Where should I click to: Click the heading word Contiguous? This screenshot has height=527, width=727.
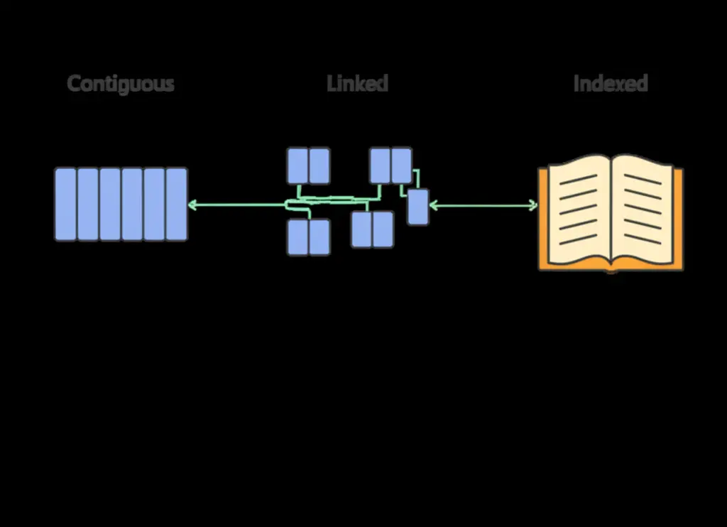point(121,84)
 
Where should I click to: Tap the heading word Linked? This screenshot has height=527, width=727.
point(358,84)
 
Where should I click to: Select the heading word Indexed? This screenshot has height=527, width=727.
point(611,84)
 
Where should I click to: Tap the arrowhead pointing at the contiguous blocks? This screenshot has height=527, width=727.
point(192,205)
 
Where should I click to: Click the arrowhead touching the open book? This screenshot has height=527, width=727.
point(533,206)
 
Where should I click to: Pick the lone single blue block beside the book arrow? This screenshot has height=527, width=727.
point(417,207)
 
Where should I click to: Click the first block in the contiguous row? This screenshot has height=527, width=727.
point(65,205)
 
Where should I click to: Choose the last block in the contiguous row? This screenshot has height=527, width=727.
point(177,205)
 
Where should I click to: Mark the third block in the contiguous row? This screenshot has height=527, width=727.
point(110,205)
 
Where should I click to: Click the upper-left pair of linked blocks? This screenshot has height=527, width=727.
point(308,165)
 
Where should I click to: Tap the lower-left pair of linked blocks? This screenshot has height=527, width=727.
point(308,237)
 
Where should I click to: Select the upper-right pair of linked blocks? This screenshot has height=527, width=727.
point(390,165)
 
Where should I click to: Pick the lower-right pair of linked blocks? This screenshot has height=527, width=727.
point(372,229)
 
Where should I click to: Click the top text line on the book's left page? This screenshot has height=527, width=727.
point(578,180)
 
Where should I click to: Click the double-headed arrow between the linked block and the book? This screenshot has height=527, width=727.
point(483,206)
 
